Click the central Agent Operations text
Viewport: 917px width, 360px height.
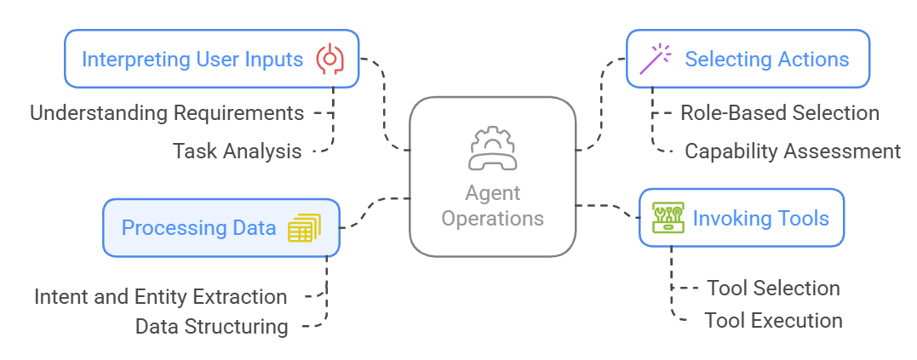(492, 206)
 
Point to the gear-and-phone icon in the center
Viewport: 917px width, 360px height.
(492, 150)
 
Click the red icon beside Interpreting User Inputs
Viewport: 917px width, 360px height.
(330, 59)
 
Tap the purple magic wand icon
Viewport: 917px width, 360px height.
(655, 59)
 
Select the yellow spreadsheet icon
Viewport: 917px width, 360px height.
(304, 228)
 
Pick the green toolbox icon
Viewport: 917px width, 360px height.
(668, 218)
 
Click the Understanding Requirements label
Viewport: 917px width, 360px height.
(167, 112)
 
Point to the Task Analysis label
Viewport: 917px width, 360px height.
(237, 151)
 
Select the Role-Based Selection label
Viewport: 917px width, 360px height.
(780, 112)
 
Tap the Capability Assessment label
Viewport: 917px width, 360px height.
(792, 151)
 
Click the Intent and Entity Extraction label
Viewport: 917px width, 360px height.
(160, 296)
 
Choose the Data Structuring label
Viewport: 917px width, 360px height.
(211, 326)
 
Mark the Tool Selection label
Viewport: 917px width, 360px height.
(773, 289)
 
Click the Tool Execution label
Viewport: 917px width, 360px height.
(773, 321)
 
